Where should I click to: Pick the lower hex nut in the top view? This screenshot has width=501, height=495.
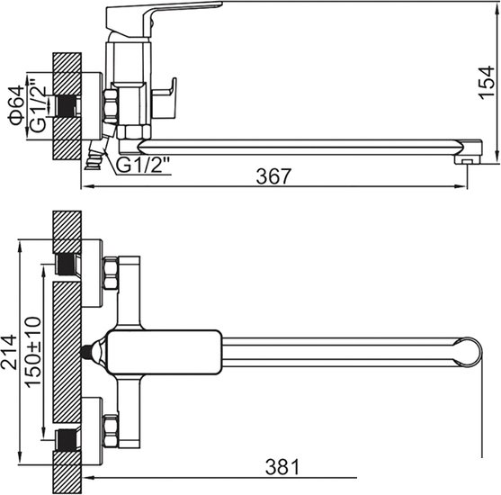click(x=112, y=430)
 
